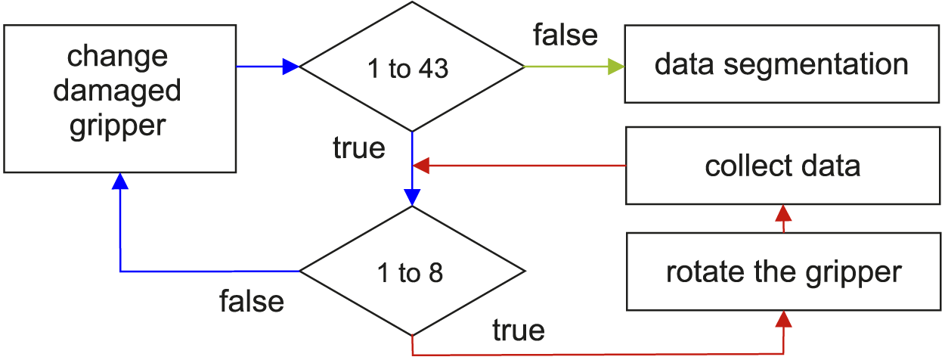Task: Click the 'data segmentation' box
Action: [x=781, y=64]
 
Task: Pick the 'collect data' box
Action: [x=782, y=166]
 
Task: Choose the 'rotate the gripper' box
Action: [x=782, y=272]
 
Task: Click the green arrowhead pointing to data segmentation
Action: [x=615, y=67]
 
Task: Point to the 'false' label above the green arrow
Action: [x=565, y=34]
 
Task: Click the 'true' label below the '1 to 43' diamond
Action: [x=358, y=148]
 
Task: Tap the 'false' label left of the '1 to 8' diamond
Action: [x=252, y=301]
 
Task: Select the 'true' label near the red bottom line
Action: [x=518, y=330]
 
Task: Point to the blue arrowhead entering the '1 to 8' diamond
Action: [x=412, y=196]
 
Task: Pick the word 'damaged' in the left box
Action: [x=117, y=92]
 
